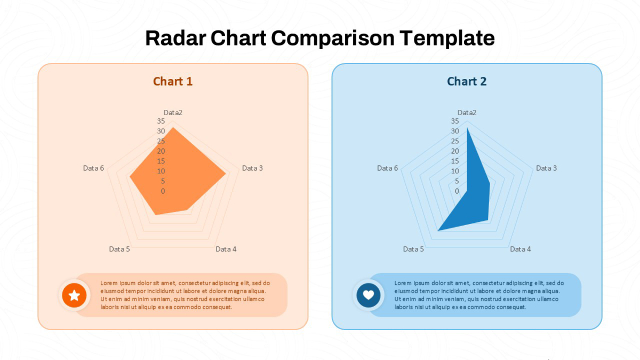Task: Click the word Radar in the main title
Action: tap(175, 38)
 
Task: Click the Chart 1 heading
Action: tap(173, 82)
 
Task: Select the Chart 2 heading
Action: tap(467, 82)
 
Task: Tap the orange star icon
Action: tap(74, 295)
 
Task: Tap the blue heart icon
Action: tap(369, 295)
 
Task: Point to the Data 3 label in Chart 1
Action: tap(252, 168)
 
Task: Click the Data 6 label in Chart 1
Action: tap(93, 168)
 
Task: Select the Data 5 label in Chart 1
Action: tap(119, 249)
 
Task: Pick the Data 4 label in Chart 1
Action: tap(226, 249)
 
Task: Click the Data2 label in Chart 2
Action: tap(467, 113)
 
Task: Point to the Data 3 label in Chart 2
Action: tap(546, 168)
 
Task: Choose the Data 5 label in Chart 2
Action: tap(413, 249)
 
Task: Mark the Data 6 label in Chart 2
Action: tap(387, 168)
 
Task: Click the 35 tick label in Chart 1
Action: tap(161, 121)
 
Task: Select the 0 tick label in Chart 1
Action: tap(163, 191)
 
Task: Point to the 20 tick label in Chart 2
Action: tap(455, 151)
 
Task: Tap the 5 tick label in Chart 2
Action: tap(457, 181)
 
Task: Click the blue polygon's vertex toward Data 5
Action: tap(438, 230)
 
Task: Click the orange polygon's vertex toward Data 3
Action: tap(226, 173)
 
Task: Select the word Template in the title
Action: tap(447, 38)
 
